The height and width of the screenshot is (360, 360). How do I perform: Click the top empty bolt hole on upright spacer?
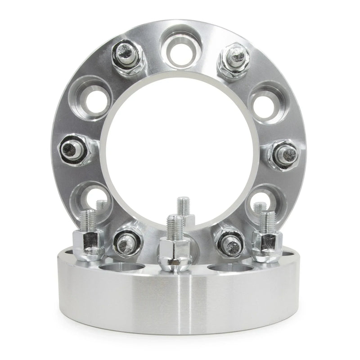click(180, 45)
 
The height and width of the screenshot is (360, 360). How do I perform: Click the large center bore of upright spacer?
click(180, 148)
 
